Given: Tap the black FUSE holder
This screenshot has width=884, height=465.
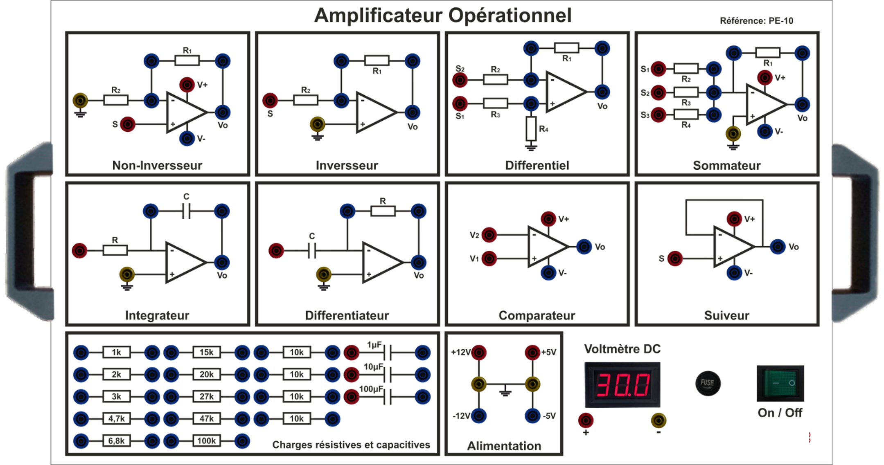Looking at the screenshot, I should pyautogui.click(x=708, y=383).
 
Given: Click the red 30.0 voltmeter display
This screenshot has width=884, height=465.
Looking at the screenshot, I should pyautogui.click(x=622, y=384).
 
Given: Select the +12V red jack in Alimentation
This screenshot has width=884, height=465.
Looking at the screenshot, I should pyautogui.click(x=478, y=352).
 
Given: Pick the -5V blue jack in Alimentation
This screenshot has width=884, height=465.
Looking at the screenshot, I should pyautogui.click(x=532, y=416).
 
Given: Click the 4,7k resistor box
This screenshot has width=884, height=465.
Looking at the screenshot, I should pyautogui.click(x=116, y=418).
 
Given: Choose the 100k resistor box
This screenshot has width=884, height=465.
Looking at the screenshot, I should pyautogui.click(x=206, y=440).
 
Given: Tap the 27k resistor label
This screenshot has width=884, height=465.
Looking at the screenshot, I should pyautogui.click(x=206, y=396).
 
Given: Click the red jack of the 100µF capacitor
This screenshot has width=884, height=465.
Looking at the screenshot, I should pyautogui.click(x=351, y=396).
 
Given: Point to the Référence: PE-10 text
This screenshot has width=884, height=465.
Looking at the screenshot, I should pyautogui.click(x=756, y=21).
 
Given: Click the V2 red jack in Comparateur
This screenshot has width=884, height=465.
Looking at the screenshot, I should pyautogui.click(x=489, y=235).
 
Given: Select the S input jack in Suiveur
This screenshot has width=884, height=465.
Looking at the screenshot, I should pyautogui.click(x=675, y=258).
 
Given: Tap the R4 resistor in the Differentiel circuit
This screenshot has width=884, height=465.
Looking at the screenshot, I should pyautogui.click(x=531, y=128).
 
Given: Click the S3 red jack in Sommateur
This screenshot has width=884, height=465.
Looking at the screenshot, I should pyautogui.click(x=658, y=115).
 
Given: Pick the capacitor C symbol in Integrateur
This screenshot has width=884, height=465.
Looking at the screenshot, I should pyautogui.click(x=186, y=211).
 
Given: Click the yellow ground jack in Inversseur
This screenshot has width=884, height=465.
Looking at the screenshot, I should pyautogui.click(x=317, y=124).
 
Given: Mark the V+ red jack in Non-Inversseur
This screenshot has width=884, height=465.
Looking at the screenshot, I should pyautogui.click(x=187, y=85).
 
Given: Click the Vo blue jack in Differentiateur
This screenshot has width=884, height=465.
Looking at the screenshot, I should pyautogui.click(x=418, y=262).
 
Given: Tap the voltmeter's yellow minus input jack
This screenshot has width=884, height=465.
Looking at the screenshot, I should pyautogui.click(x=658, y=420).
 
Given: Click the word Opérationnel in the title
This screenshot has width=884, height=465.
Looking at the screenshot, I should pyautogui.click(x=510, y=16).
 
